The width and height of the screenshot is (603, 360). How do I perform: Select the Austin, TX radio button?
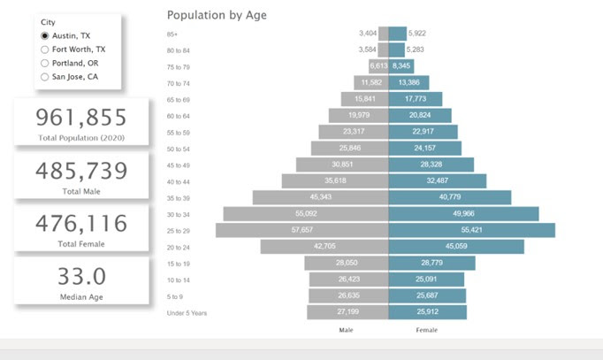click(45, 34)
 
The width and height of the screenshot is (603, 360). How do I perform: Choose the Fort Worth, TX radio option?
click(45, 50)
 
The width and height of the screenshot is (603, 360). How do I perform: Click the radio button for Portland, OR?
click(45, 63)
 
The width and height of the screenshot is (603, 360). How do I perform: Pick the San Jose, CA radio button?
click(45, 77)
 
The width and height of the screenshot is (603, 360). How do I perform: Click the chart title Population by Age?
click(217, 14)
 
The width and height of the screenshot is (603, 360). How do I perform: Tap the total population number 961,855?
click(81, 118)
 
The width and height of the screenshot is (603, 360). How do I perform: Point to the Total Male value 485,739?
click(81, 171)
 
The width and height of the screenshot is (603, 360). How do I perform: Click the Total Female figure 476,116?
click(81, 224)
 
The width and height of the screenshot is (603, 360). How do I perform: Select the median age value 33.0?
click(81, 275)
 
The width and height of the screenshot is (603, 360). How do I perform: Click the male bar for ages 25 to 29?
click(301, 230)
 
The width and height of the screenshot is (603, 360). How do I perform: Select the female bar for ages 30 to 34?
click(463, 213)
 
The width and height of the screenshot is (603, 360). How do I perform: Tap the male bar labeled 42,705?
click(324, 247)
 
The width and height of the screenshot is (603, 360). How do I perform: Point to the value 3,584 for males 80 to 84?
click(368, 50)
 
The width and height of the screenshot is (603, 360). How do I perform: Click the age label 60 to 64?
click(179, 115)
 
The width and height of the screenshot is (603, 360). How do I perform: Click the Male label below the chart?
click(347, 330)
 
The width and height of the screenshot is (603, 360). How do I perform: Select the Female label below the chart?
click(426, 330)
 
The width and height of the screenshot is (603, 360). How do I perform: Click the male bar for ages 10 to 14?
click(348, 280)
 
